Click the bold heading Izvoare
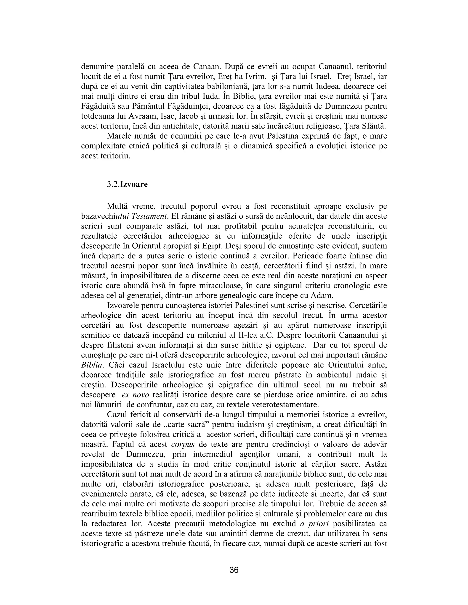click(134, 184)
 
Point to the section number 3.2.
click(113, 184)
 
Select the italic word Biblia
click(92, 365)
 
